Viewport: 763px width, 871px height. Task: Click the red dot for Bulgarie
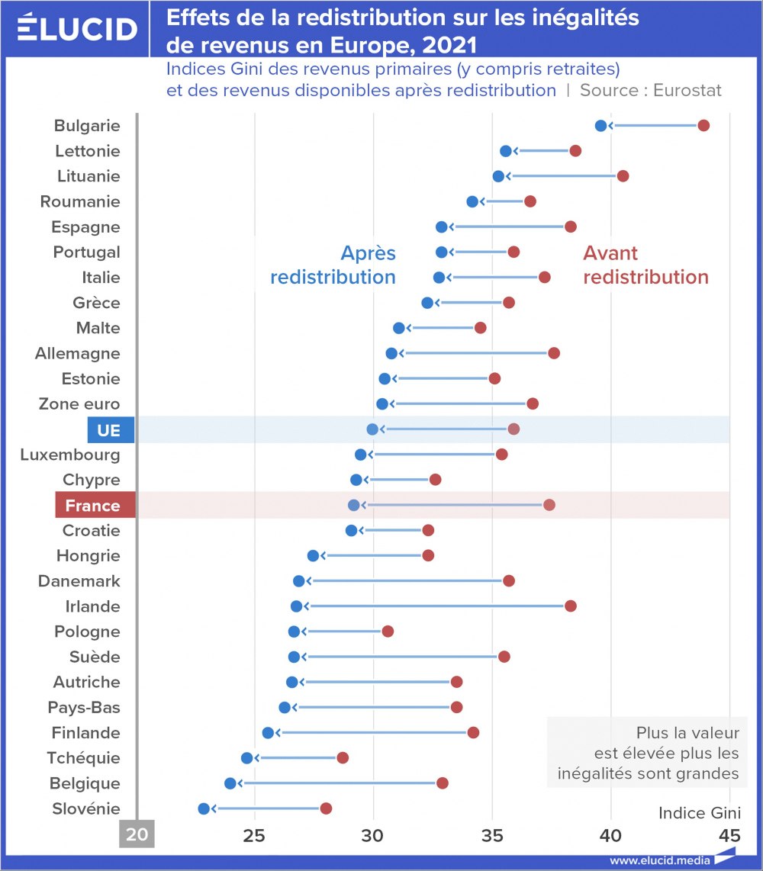pyautogui.click(x=703, y=126)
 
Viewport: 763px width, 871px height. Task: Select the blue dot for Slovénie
pyautogui.click(x=204, y=808)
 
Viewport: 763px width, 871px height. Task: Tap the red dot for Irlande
pyautogui.click(x=571, y=606)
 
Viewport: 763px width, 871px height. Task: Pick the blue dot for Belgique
pyautogui.click(x=230, y=783)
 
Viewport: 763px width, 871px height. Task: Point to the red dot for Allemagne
pyautogui.click(x=554, y=353)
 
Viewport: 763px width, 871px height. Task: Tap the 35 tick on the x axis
pyautogui.click(x=492, y=834)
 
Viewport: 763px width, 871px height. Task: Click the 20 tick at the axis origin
pyautogui.click(x=137, y=834)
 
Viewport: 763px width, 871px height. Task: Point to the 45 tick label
pyautogui.click(x=729, y=834)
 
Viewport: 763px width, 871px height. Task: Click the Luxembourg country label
pyautogui.click(x=70, y=455)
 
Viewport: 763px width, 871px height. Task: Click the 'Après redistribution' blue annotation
pyautogui.click(x=333, y=265)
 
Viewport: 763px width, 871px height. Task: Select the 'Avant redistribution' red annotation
pyautogui.click(x=645, y=265)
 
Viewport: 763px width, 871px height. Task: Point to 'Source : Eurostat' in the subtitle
pyautogui.click(x=650, y=90)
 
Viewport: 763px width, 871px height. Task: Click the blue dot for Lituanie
pyautogui.click(x=498, y=176)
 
